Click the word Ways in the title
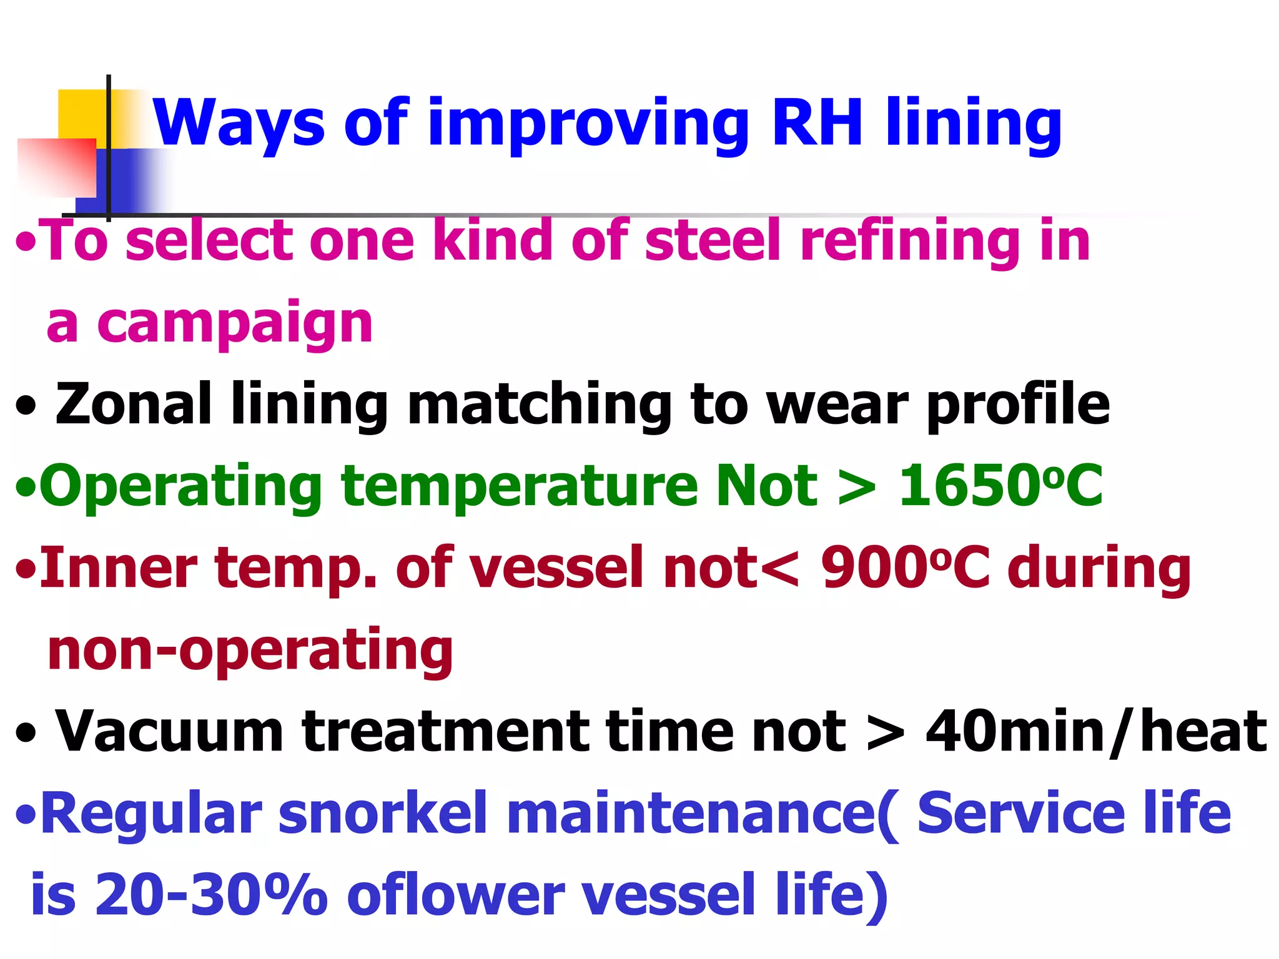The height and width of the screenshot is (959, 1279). (239, 123)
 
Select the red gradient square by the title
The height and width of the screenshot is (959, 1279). (56, 167)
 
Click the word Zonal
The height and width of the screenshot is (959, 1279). (133, 405)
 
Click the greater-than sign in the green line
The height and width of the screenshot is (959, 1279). (856, 488)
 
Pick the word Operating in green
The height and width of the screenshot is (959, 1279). (180, 488)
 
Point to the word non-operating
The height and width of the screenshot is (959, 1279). (250, 651)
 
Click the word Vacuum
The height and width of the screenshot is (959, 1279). (169, 732)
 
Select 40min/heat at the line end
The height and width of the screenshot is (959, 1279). (1096, 732)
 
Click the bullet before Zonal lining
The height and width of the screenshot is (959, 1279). (26, 407)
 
